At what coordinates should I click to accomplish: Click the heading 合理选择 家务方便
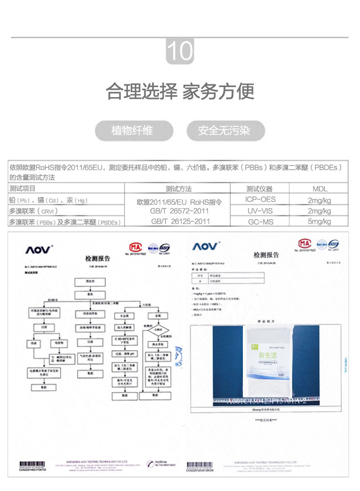tap(180, 92)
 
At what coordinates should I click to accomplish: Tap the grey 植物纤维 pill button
tap(132, 131)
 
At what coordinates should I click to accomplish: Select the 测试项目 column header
tap(23, 189)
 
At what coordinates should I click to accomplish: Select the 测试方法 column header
tap(179, 189)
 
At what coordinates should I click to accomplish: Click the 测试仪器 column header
tap(259, 189)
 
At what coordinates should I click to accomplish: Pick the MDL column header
tap(319, 189)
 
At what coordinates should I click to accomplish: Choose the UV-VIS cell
tap(260, 211)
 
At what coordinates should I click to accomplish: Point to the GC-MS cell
tap(260, 222)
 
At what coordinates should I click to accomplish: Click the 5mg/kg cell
tap(319, 222)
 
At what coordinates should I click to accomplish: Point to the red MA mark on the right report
tap(304, 243)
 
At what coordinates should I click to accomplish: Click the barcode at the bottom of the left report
tap(32, 465)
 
